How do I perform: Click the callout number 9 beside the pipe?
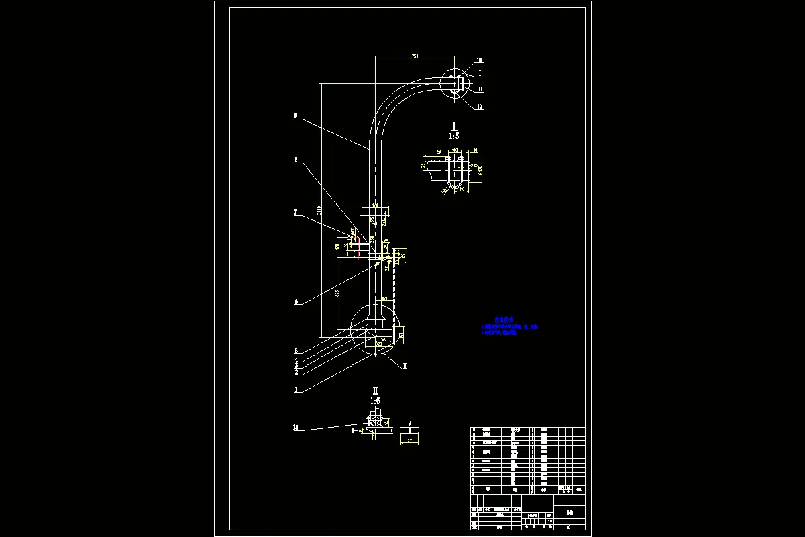(295, 116)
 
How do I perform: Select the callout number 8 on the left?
(295, 160)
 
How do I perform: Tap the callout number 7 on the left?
(295, 213)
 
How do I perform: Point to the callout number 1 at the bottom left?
(296, 389)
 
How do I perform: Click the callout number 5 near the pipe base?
(296, 351)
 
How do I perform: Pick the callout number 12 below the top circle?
(480, 107)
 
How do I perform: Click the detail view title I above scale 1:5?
(454, 126)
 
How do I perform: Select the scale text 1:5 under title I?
(454, 135)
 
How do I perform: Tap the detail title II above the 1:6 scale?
(376, 391)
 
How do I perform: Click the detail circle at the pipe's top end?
(455, 85)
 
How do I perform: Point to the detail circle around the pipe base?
(374, 328)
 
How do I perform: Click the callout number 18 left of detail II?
(296, 427)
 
